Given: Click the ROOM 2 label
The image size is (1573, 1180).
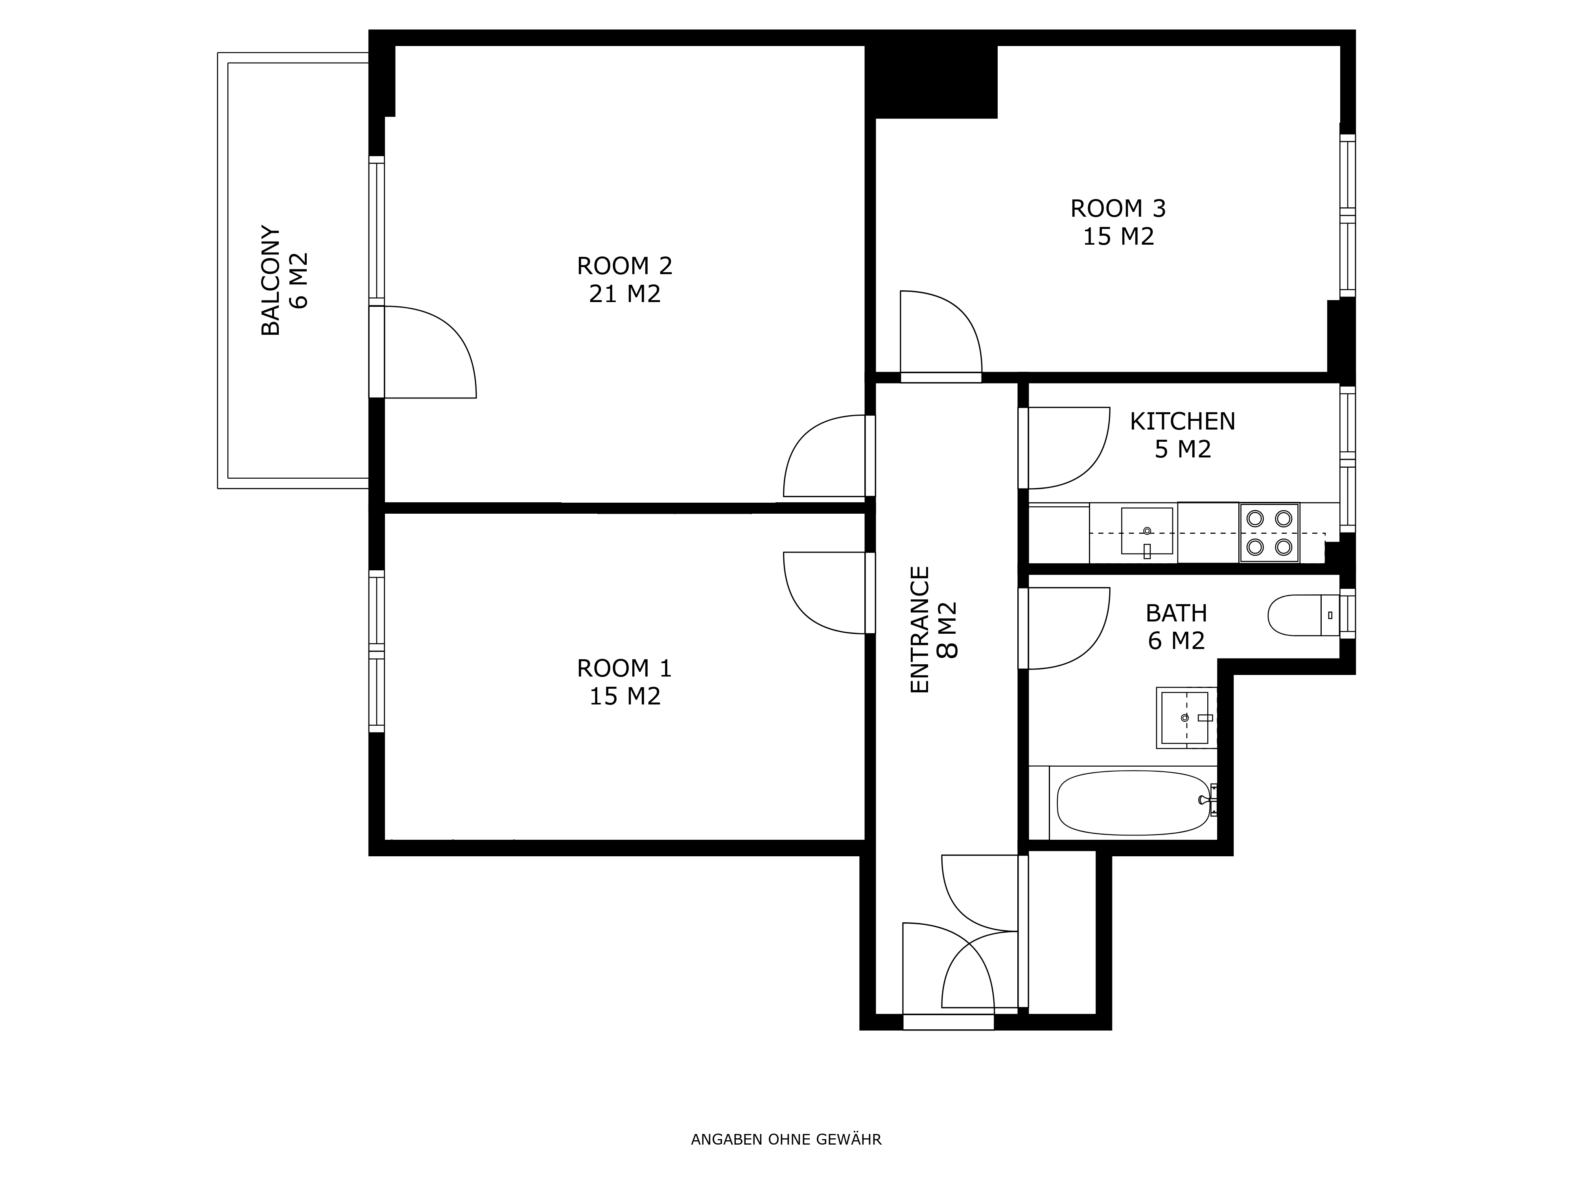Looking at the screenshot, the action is click(624, 266).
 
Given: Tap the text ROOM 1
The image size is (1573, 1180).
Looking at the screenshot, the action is click(624, 669).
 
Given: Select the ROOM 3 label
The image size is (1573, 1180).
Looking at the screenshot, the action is click(1118, 208).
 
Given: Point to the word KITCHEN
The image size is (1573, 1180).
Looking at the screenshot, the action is click(1183, 422).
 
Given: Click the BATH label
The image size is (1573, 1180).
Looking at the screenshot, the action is click(1176, 613).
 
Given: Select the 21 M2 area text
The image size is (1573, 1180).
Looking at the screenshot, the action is click(624, 294).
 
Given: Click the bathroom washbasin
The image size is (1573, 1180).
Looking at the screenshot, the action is click(1186, 718).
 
